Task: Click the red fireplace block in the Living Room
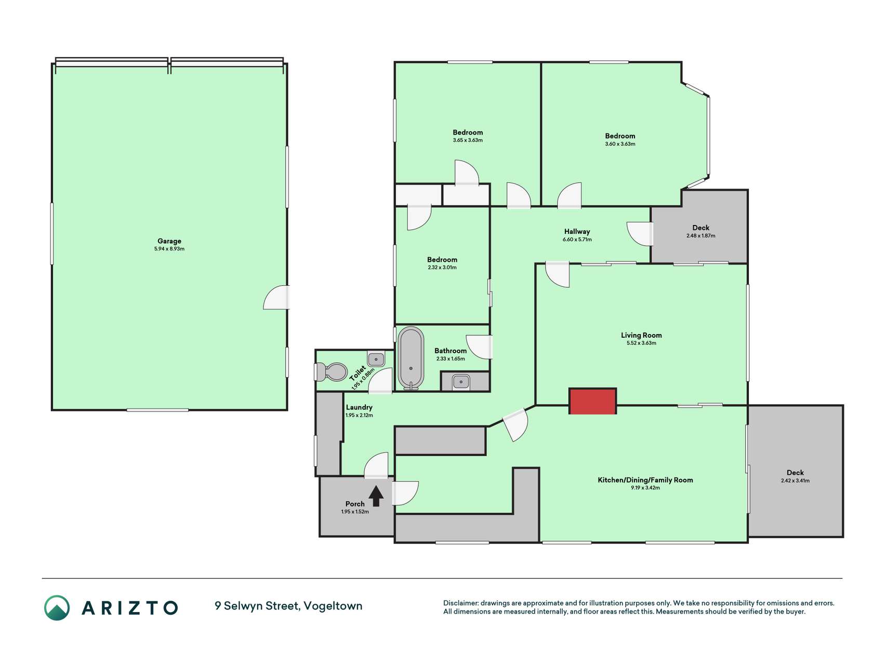click(592, 401)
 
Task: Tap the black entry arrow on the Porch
click(376, 496)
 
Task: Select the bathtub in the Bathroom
click(411, 358)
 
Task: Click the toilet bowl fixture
click(331, 372)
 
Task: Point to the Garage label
click(169, 241)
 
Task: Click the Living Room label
click(641, 335)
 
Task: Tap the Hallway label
click(577, 232)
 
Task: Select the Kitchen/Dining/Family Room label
click(645, 480)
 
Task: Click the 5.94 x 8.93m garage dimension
click(169, 249)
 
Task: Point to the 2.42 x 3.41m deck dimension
click(795, 481)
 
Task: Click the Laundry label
click(359, 407)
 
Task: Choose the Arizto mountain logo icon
click(57, 608)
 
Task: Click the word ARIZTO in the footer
click(130, 608)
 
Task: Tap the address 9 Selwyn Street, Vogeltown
click(288, 606)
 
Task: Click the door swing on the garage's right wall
click(276, 297)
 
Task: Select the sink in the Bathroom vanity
click(461, 382)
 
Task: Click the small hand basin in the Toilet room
click(376, 359)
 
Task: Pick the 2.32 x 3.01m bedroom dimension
click(442, 268)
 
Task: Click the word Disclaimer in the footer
click(460, 603)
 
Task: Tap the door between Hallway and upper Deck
click(640, 234)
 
